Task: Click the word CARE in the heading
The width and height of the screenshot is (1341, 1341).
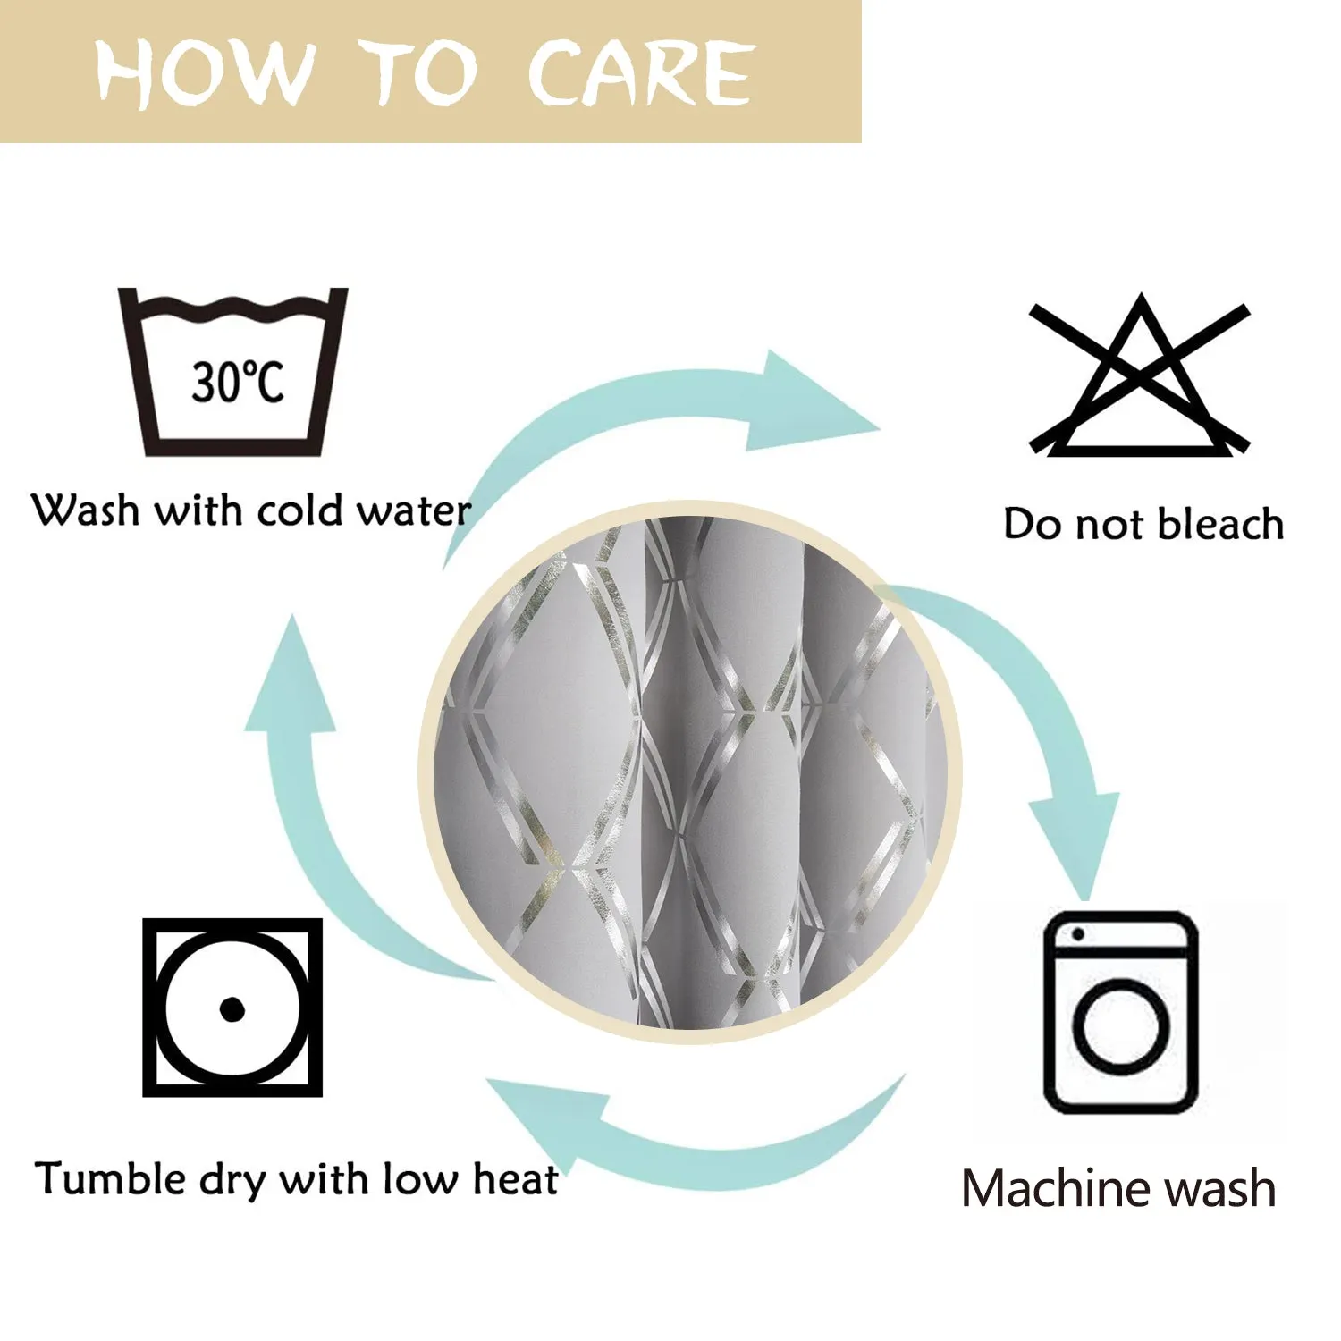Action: (640, 73)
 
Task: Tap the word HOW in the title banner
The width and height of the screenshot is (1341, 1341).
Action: (205, 73)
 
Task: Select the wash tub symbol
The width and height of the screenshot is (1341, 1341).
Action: (232, 371)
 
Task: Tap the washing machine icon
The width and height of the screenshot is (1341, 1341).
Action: (1121, 1012)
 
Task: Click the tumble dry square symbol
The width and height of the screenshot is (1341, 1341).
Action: (232, 1008)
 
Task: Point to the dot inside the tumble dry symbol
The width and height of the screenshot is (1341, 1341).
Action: (232, 1009)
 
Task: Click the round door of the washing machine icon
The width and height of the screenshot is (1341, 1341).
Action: (1121, 1025)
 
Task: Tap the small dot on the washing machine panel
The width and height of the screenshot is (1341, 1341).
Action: (1077, 934)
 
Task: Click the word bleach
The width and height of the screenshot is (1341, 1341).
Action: (1220, 523)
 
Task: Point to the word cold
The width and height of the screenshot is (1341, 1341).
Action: (300, 510)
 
